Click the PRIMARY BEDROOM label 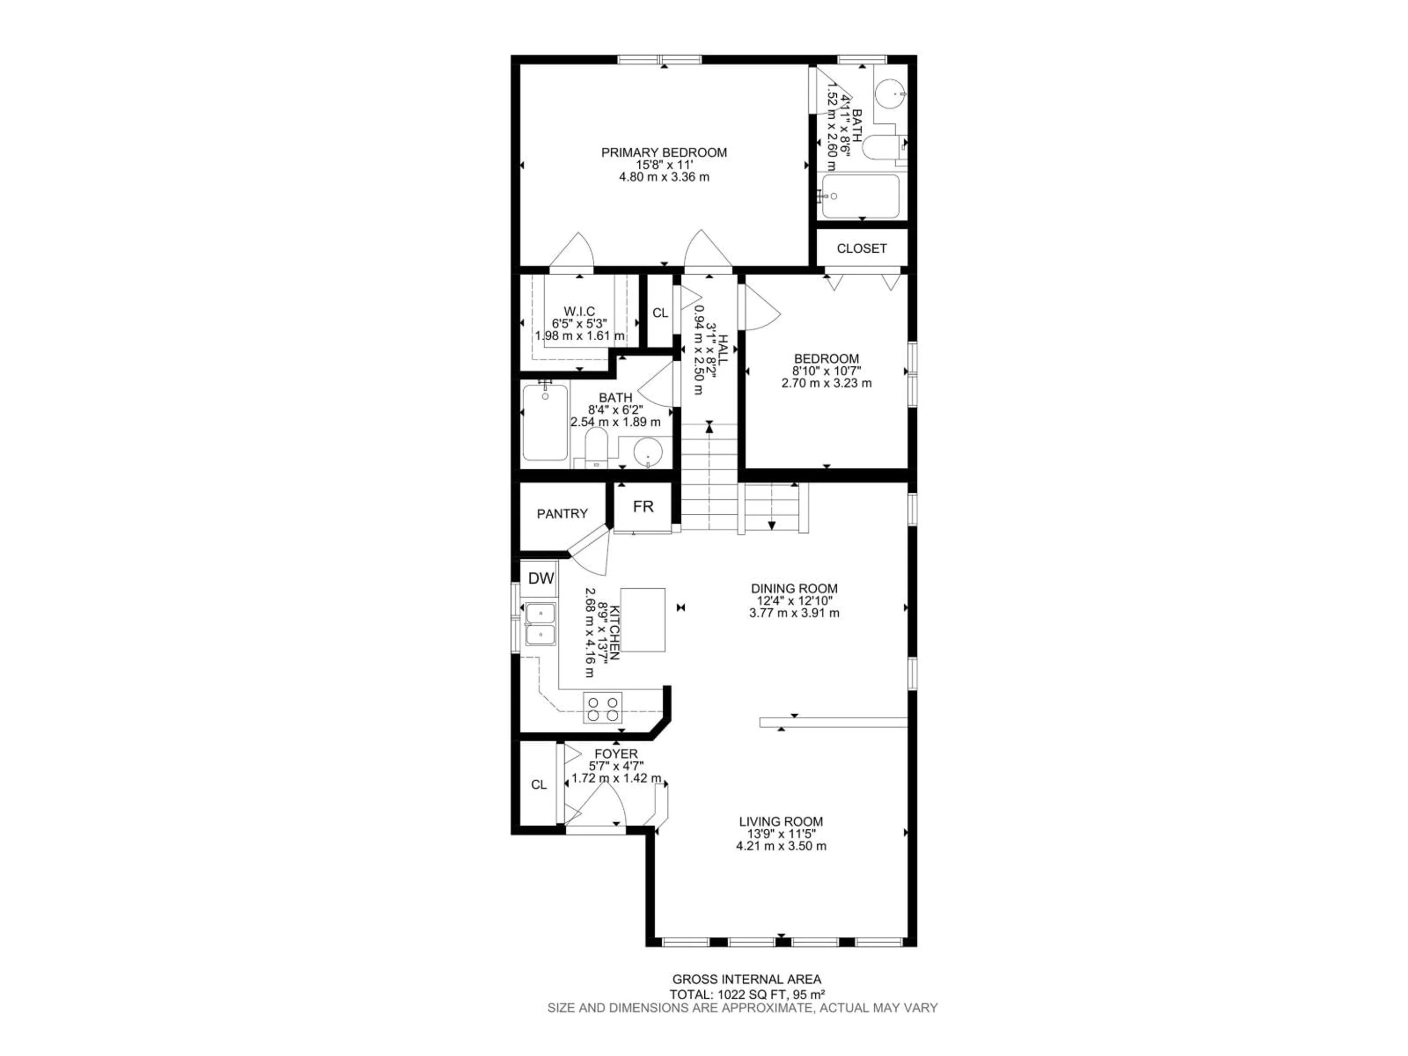[664, 153]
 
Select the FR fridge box [643, 507]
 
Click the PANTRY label [562, 514]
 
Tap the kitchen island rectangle [643, 619]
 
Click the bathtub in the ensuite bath [861, 196]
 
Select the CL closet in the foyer [539, 785]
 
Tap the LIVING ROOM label [781, 822]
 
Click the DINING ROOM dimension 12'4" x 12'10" [794, 601]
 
